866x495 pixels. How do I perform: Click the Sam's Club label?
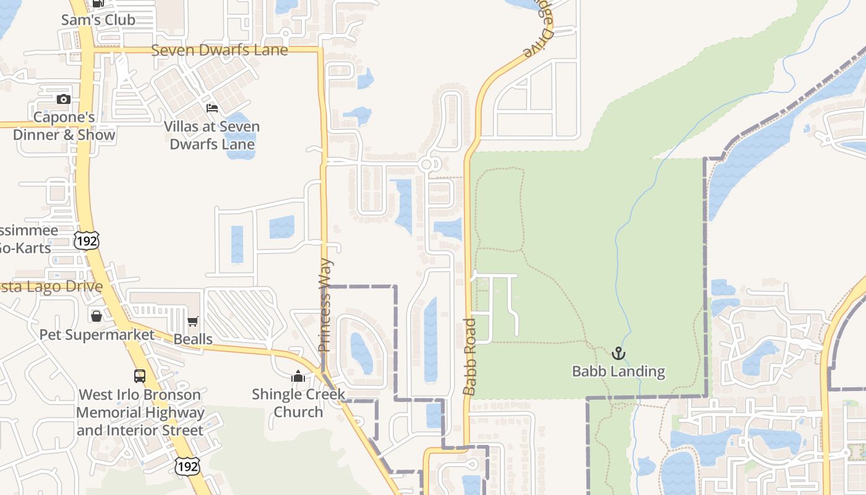[98, 20]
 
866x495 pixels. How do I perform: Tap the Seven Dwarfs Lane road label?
[220, 50]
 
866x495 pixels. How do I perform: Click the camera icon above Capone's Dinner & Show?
[63, 100]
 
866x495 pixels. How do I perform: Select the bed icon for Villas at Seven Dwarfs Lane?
[212, 108]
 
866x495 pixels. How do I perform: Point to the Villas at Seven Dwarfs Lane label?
[212, 136]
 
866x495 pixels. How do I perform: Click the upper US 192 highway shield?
[86, 240]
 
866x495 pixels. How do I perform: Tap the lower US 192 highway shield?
[187, 467]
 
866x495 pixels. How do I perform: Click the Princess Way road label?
[325, 306]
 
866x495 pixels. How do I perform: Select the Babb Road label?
[470, 356]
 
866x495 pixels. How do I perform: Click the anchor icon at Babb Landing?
[618, 353]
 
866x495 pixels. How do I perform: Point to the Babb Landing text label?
[618, 372]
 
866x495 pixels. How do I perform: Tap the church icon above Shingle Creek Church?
[298, 376]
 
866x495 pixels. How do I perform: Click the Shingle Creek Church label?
[298, 403]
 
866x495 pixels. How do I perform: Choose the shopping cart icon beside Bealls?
[193, 321]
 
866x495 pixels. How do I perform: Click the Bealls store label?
[193, 339]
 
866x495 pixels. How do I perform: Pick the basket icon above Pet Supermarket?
[96, 316]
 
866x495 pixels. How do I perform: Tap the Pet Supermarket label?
[97, 335]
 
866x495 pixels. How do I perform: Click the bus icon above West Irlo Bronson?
[140, 376]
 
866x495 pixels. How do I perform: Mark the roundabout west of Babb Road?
[427, 165]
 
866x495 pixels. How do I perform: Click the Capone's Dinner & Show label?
[64, 126]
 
